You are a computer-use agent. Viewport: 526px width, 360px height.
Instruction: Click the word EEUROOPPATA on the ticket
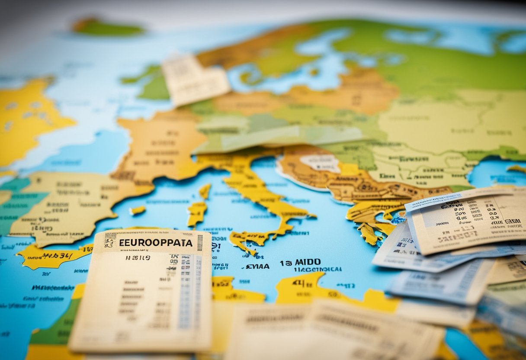pyautogui.click(x=156, y=243)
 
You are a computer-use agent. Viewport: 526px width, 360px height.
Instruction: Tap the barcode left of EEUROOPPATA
pyautogui.click(x=110, y=241)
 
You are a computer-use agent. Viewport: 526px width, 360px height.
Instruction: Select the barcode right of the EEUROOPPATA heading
pyautogui.click(x=200, y=243)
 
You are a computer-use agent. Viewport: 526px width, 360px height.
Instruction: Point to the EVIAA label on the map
pyautogui.click(x=258, y=267)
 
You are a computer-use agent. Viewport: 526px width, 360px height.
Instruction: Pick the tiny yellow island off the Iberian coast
pyautogui.click(x=138, y=210)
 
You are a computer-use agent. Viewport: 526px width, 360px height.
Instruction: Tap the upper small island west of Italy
pyautogui.click(x=205, y=191)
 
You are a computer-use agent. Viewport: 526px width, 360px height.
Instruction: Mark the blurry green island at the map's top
pyautogui.click(x=108, y=27)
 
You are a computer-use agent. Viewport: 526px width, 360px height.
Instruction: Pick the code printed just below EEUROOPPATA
pyautogui.click(x=138, y=258)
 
